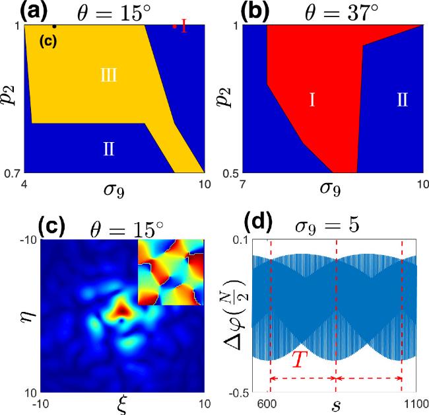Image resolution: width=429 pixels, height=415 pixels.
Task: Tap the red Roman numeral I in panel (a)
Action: tap(184, 27)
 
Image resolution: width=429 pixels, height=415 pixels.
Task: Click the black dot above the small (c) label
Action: tap(54, 26)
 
